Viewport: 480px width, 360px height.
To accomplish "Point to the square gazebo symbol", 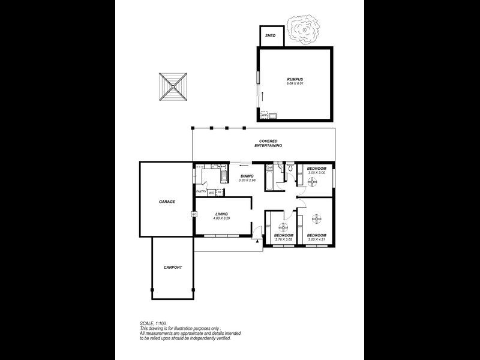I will click(174, 88).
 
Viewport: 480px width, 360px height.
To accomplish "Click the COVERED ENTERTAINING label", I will click(268, 143).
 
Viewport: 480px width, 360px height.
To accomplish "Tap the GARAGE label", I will click(167, 202).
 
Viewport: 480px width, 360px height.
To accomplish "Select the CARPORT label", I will click(172, 267).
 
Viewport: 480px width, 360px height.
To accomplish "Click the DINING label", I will click(247, 176).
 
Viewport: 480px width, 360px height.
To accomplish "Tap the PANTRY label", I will click(201, 192).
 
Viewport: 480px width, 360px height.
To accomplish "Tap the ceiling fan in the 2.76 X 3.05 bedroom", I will click(283, 227).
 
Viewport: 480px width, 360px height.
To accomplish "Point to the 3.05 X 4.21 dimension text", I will click(316, 239).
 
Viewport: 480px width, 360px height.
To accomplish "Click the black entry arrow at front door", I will click(257, 241).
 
